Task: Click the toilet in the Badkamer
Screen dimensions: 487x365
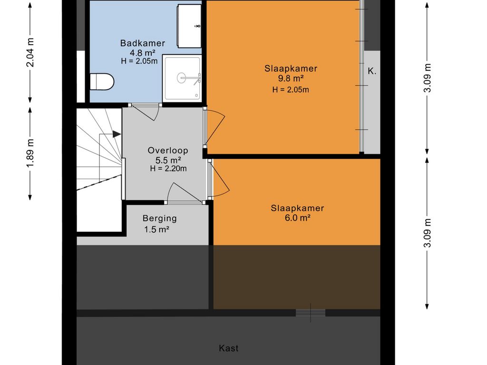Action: coord(102,82)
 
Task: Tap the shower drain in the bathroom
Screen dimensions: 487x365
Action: coord(181,77)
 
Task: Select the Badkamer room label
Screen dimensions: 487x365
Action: coord(143,43)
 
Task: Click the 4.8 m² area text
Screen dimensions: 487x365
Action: coord(143,52)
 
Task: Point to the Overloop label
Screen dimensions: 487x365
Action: coord(168,151)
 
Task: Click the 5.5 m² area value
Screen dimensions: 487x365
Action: coord(168,160)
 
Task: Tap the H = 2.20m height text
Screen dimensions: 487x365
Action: coord(168,169)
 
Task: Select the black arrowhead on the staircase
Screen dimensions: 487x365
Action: coord(117,134)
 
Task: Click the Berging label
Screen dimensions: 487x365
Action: coord(160,219)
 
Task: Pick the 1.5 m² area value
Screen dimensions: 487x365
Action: coord(156,230)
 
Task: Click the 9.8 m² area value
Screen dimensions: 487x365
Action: coord(291,78)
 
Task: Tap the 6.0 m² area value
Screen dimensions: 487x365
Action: coord(298,218)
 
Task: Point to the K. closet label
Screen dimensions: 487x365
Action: coord(372,71)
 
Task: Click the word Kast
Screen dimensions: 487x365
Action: coord(229,348)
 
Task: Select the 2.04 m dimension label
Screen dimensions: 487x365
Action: coord(30,52)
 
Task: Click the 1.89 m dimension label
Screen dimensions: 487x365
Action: coord(30,154)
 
